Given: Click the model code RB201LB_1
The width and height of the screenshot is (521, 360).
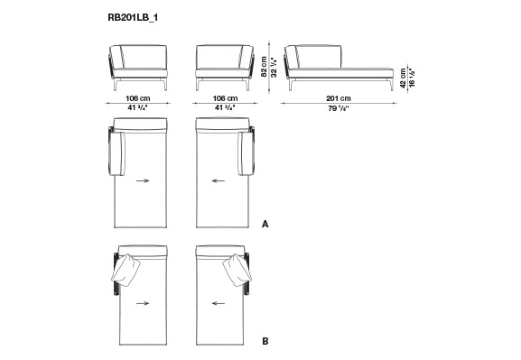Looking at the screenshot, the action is click(x=133, y=18).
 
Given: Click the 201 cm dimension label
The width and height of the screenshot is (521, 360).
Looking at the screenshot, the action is click(x=339, y=98).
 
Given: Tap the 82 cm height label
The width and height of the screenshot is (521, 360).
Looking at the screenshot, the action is click(x=265, y=67).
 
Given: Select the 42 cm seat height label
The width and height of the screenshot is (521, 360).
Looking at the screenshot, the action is click(x=404, y=78).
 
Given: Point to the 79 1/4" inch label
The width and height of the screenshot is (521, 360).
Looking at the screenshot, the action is click(x=339, y=108).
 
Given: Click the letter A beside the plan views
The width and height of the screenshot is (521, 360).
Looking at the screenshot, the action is click(x=265, y=224).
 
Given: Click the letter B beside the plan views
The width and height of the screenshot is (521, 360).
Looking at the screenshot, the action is click(x=265, y=341).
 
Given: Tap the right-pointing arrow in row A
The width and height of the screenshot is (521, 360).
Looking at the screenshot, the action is click(x=143, y=180).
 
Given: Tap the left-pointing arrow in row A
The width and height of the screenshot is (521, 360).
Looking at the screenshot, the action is click(x=219, y=180).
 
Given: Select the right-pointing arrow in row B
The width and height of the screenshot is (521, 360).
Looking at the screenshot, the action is click(x=143, y=303).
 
